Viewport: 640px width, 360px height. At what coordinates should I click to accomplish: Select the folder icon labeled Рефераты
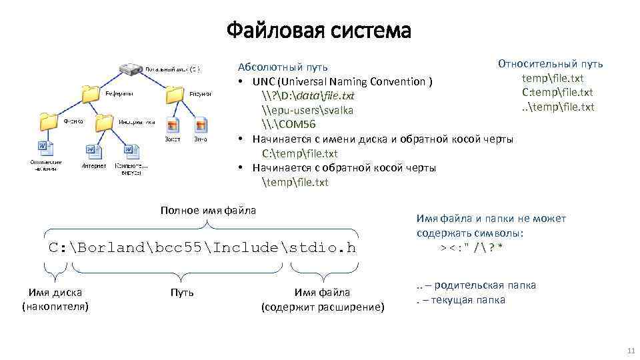91,94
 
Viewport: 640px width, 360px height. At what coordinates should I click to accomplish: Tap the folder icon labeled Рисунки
175,94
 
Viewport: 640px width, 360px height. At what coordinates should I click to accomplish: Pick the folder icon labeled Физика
49,122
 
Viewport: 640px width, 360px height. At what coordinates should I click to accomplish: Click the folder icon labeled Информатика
105,122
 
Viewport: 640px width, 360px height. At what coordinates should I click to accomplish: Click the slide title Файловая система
319,30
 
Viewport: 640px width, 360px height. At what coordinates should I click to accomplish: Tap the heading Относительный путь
550,64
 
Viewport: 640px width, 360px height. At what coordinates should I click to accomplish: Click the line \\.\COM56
289,125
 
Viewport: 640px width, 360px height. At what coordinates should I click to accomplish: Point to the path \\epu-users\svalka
307,110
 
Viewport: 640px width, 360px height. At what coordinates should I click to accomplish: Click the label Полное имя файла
208,211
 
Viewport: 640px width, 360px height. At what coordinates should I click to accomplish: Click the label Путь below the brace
182,293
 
